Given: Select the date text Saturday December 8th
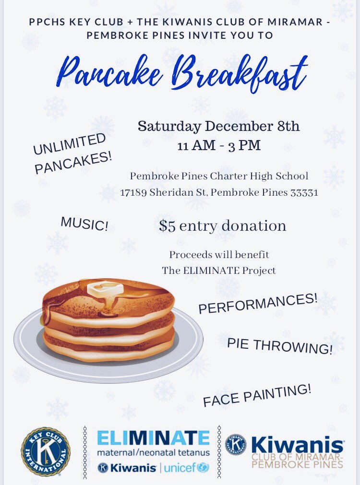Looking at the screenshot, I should click(218, 127).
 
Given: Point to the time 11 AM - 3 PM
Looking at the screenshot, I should click(219, 145).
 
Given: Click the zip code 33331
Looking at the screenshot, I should click(302, 193).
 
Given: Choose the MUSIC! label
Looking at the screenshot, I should click(84, 224).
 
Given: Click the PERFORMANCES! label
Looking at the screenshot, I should click(258, 303).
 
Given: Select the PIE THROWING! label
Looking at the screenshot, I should click(279, 345).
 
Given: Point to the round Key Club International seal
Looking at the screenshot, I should click(45, 451).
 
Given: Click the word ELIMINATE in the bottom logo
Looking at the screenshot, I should click(153, 438).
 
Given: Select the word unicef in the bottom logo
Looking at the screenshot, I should click(180, 468).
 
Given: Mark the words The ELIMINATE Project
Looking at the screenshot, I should click(218, 271).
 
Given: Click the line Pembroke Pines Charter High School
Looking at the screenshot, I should click(219, 176).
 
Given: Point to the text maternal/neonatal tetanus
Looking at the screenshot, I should click(153, 452).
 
